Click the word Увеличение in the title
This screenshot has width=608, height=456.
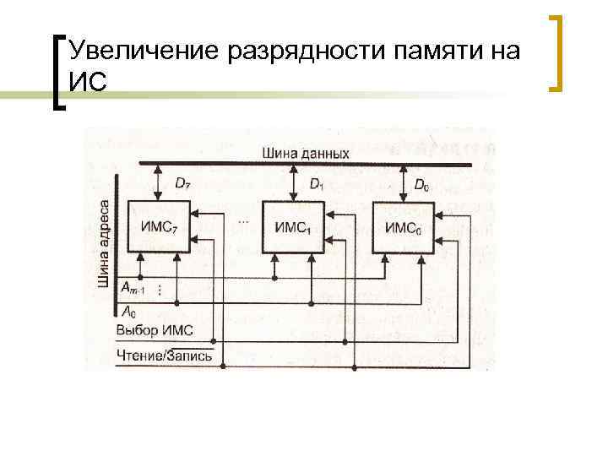coord(144,50)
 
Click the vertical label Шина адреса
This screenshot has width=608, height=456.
coord(104,243)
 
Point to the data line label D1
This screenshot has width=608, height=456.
coord(315,183)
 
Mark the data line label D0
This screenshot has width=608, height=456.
coord(421,183)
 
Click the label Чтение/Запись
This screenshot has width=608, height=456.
coord(165,356)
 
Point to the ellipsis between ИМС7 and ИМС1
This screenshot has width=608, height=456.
coord(244,220)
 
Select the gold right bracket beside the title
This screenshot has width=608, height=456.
coord(556,52)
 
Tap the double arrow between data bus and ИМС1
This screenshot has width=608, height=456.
coord(293,181)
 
